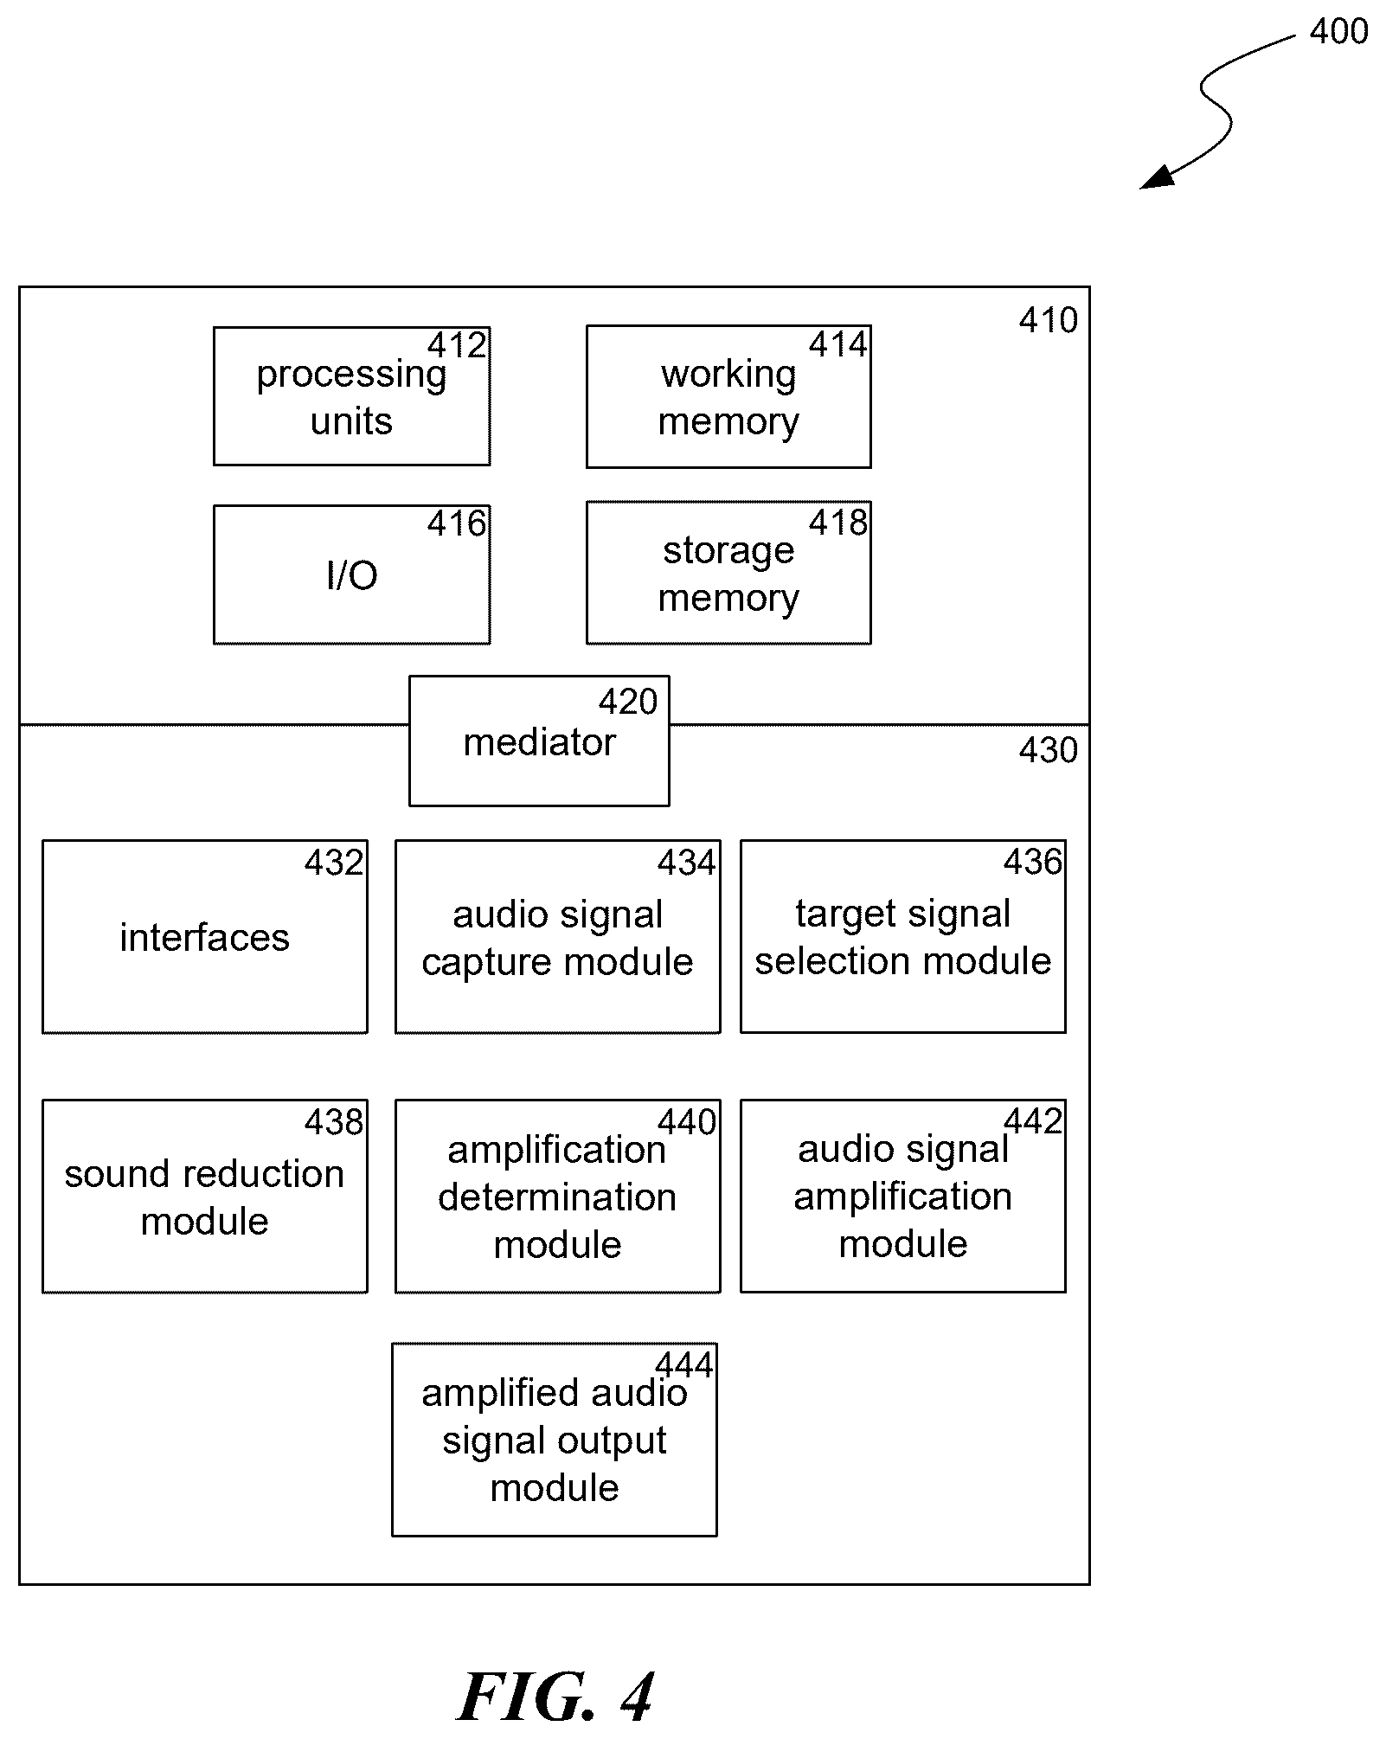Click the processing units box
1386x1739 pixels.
[x=351, y=396]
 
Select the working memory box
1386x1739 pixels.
[x=728, y=396]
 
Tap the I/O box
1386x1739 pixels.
[x=351, y=574]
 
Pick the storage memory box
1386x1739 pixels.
[x=728, y=573]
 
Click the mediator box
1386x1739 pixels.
[x=539, y=741]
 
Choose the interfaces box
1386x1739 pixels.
[x=205, y=936]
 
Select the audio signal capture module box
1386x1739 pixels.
[x=558, y=936]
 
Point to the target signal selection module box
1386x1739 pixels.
[x=903, y=936]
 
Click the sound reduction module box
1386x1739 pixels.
[x=205, y=1197]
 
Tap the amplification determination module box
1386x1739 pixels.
[x=558, y=1197]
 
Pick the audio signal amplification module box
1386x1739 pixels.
[x=903, y=1196]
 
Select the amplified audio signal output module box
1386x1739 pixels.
[x=555, y=1440]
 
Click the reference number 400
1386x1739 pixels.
[x=1338, y=32]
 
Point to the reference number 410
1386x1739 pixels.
[x=1048, y=321]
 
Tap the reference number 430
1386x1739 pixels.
[x=1048, y=750]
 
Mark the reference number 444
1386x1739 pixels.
[x=684, y=1365]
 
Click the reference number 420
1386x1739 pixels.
[x=628, y=702]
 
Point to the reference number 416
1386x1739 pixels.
[x=457, y=523]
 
